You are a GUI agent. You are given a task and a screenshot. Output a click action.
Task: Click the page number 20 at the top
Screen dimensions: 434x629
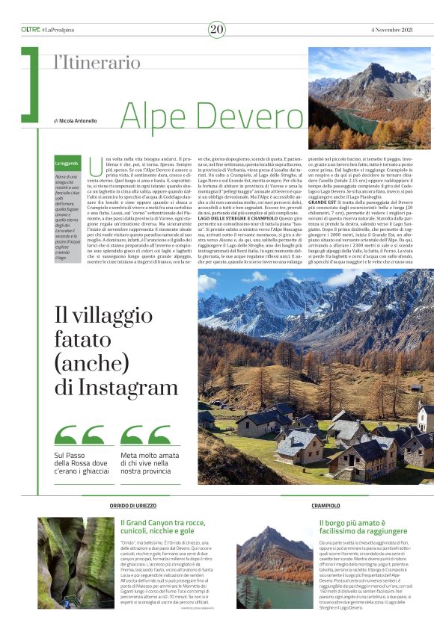click(217, 29)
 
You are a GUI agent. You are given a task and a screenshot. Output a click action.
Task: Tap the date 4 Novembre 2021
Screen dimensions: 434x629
click(392, 29)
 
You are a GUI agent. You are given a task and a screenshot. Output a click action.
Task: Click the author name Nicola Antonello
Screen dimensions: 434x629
click(79, 120)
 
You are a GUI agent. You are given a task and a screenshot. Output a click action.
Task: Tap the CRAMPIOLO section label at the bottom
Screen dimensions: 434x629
click(326, 506)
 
